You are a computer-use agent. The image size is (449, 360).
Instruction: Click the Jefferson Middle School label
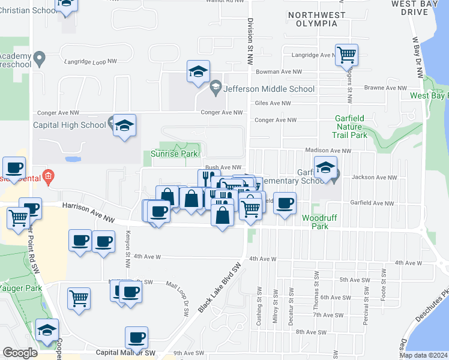(x=269, y=89)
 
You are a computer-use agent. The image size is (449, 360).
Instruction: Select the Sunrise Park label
(x=170, y=154)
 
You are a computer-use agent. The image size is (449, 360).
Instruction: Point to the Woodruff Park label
(x=315, y=222)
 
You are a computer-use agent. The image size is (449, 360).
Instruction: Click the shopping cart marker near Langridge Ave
(x=347, y=55)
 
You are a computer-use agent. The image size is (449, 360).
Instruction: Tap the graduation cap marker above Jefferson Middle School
(x=198, y=71)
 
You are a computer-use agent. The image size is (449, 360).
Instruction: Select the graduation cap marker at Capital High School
(x=125, y=125)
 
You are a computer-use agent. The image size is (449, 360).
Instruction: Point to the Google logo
(x=20, y=353)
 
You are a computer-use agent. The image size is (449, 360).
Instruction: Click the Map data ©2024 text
(x=423, y=355)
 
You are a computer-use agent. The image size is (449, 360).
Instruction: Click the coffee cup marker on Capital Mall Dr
(x=136, y=338)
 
